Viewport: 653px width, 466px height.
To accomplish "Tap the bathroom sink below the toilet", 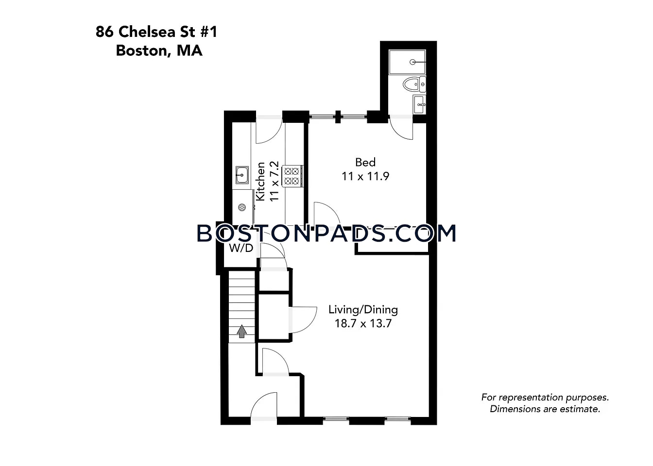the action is click(x=419, y=104).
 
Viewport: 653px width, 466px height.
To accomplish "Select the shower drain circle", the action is click(x=412, y=62).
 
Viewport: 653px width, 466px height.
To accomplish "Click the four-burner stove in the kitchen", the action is click(x=292, y=176).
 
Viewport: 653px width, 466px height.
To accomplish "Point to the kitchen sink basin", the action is click(x=242, y=175).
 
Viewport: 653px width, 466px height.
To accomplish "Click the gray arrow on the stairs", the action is click(x=241, y=332).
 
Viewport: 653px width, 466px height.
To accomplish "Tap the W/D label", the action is click(x=241, y=248).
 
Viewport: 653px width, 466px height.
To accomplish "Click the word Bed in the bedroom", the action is click(x=365, y=162).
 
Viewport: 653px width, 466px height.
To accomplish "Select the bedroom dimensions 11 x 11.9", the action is click(x=365, y=176).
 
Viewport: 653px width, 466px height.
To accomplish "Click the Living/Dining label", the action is click(x=363, y=310).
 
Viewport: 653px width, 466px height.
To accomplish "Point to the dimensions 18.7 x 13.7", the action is click(x=363, y=324).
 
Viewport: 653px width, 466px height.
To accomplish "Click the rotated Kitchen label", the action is click(x=260, y=182).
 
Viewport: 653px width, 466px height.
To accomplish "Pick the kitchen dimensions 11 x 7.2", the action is click(x=275, y=181).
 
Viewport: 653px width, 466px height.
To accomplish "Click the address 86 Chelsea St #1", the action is click(x=156, y=32).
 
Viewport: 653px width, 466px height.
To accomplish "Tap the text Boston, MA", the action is click(x=159, y=50).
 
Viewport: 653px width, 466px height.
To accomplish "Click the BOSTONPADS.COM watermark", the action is click(x=326, y=233).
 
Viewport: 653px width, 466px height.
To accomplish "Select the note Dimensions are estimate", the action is click(x=545, y=409).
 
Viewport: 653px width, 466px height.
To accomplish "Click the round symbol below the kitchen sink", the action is click(x=242, y=207).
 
